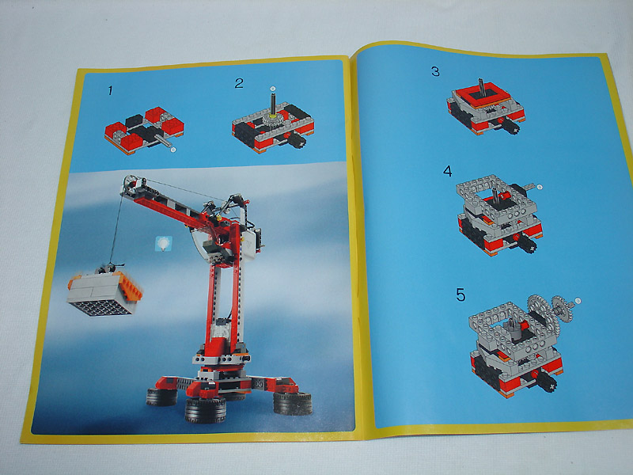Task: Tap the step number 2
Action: click(239, 83)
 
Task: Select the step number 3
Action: click(435, 71)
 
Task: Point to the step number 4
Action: click(447, 171)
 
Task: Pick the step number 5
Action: click(460, 294)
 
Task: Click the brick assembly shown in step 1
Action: click(138, 131)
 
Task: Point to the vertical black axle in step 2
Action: click(271, 103)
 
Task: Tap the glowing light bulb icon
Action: click(164, 243)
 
